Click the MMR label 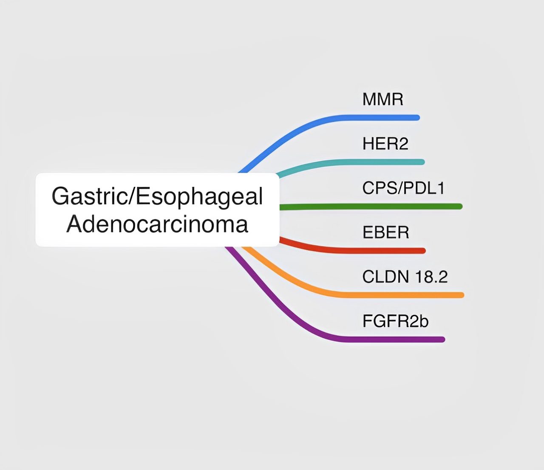[x=382, y=99]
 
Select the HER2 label [x=385, y=144]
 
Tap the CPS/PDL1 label [x=403, y=188]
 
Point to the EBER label [x=385, y=232]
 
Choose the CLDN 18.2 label [x=405, y=277]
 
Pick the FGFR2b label [x=395, y=321]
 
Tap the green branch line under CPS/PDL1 [x=371, y=207]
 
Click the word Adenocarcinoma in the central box [x=157, y=224]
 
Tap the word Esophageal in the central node [x=199, y=197]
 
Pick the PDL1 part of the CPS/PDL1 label [x=424, y=188]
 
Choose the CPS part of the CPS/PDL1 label [x=380, y=188]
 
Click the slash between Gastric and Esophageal [x=131, y=196]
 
